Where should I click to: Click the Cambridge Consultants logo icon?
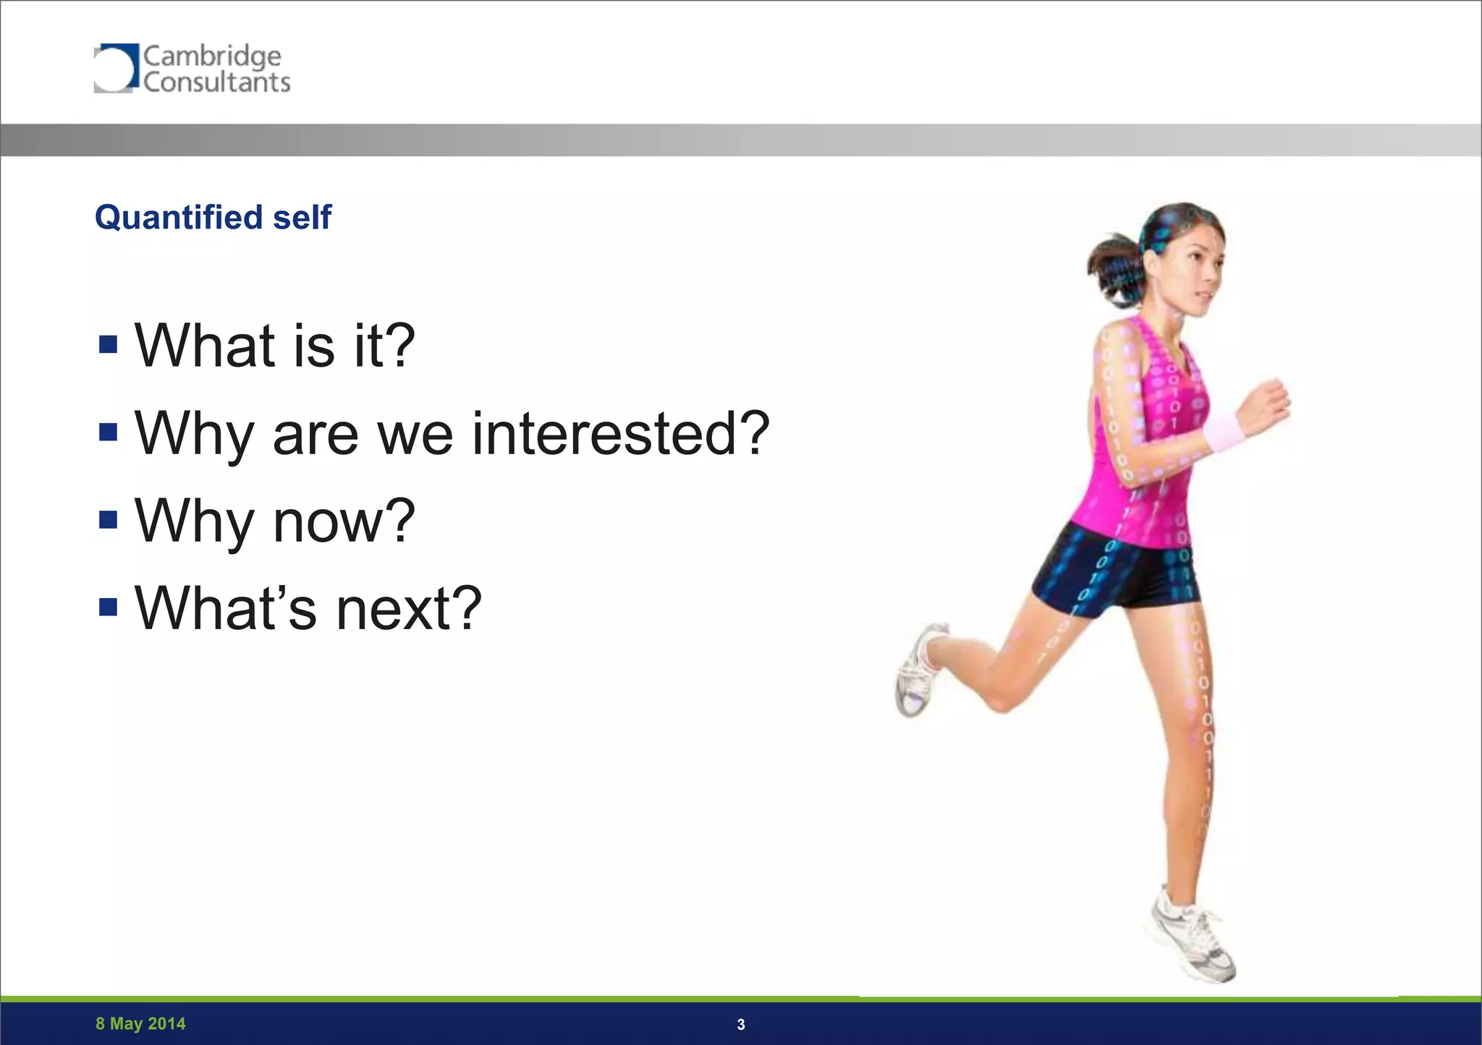tap(115, 68)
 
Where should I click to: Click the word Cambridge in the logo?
tap(211, 56)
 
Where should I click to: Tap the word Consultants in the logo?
tap(216, 82)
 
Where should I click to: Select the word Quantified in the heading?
tap(178, 217)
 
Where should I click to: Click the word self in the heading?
tap(302, 217)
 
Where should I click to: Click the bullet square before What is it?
tap(109, 344)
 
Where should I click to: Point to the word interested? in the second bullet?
tap(621, 433)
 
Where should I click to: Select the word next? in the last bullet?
tap(409, 608)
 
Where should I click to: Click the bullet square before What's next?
tap(109, 607)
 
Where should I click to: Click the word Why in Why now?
tap(194, 521)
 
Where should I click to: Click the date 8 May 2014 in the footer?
tap(140, 1024)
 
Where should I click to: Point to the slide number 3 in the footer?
tap(740, 1025)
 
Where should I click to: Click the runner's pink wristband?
tap(1224, 432)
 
